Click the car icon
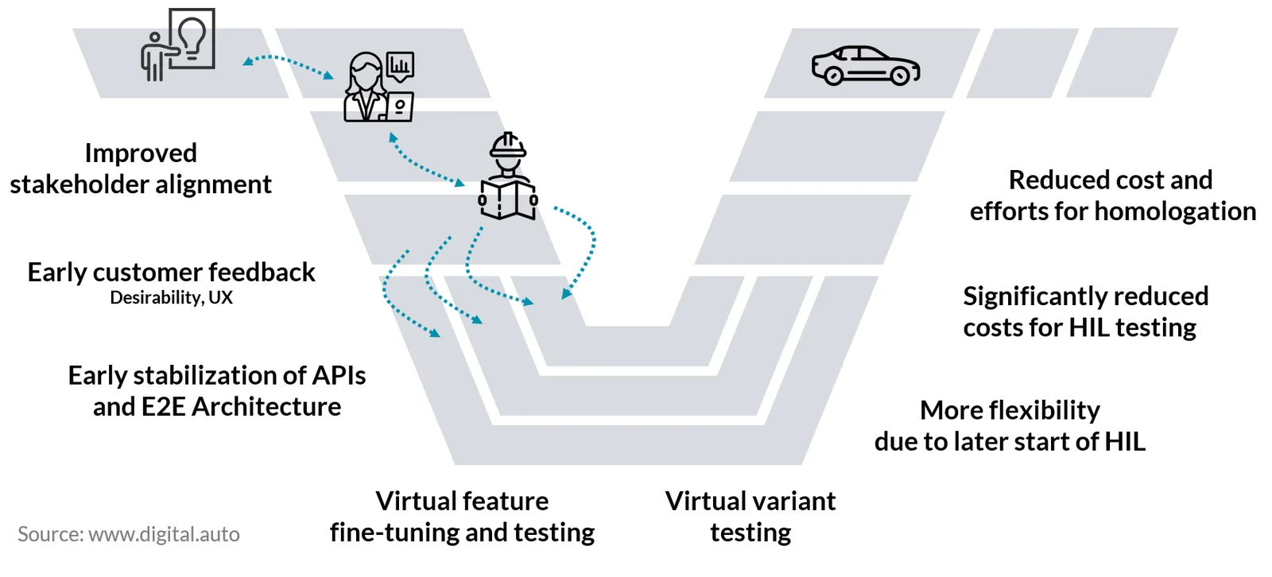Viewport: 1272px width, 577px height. tap(866, 66)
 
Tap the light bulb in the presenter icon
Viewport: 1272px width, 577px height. tap(192, 37)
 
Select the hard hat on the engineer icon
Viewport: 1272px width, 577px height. tap(508, 145)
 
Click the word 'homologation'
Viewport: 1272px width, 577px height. tap(1175, 212)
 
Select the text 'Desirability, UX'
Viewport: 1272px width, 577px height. tap(171, 297)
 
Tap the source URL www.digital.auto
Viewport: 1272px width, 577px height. tap(164, 534)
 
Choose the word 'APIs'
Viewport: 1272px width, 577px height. tap(338, 375)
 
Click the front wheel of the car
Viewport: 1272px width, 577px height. tap(899, 76)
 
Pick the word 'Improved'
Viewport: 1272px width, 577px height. tap(141, 153)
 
